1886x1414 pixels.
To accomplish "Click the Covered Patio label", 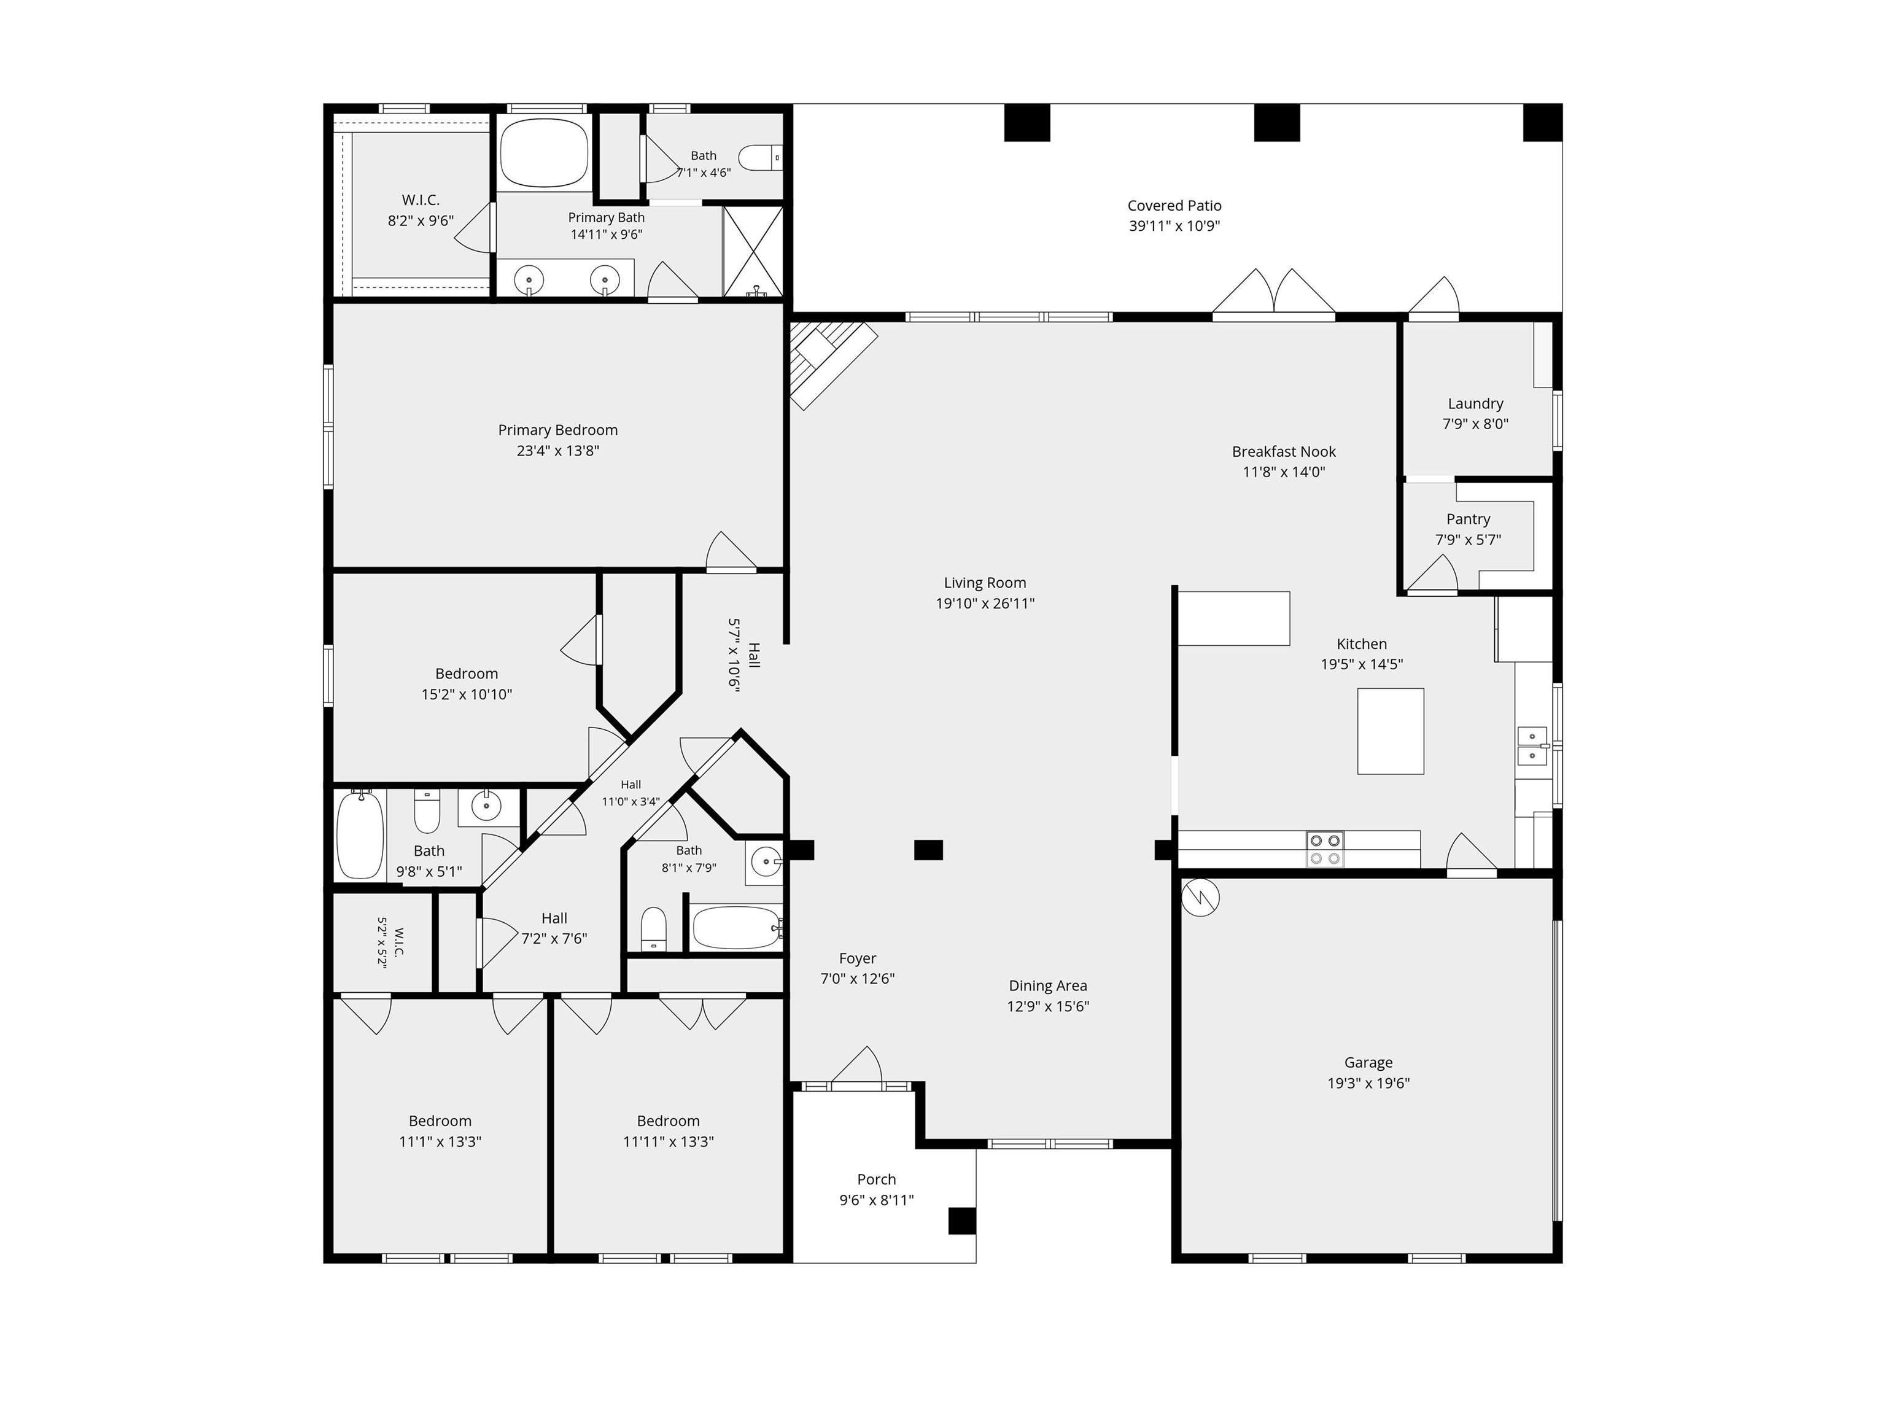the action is pos(1174,206).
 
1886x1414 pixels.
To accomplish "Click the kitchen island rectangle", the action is pos(1390,731).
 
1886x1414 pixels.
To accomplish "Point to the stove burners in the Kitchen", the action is pos(1324,849).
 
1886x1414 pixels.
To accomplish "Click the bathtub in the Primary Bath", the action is pos(544,153).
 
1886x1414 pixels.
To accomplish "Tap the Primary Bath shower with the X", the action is pos(753,252).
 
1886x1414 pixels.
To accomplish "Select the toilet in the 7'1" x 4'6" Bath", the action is pos(759,158).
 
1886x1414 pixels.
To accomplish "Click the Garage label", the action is pos(1368,1063).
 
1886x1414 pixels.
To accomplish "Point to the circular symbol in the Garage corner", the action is pos(1200,897).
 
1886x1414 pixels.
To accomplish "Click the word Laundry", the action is pos(1475,403).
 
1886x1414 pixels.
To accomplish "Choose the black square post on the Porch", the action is pos(962,1221).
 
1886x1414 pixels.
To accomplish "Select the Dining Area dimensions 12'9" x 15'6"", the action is pos(1048,1006).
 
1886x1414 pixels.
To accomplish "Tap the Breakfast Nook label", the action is pos(1283,452).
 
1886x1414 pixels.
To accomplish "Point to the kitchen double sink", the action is pos(1532,746).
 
